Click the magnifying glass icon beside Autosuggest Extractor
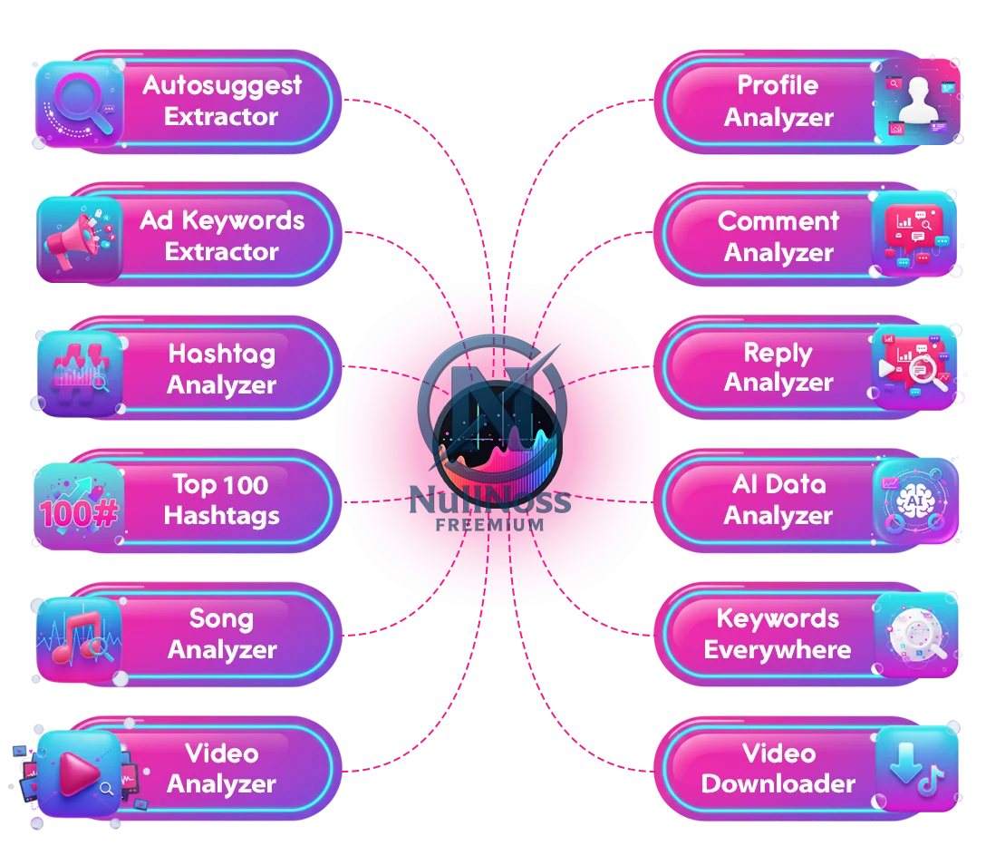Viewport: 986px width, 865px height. click(x=77, y=102)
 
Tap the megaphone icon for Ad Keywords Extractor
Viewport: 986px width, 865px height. click(x=79, y=238)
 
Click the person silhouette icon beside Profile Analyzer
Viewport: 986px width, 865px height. click(x=917, y=102)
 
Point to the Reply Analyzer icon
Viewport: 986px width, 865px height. click(x=914, y=366)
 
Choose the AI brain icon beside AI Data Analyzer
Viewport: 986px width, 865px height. click(x=914, y=501)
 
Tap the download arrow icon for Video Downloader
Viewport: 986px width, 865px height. click(x=917, y=769)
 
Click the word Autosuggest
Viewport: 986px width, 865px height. click(x=222, y=85)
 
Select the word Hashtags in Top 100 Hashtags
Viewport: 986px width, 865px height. click(x=222, y=516)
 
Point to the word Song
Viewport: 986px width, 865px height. click(x=221, y=619)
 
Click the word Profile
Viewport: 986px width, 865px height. click(x=778, y=85)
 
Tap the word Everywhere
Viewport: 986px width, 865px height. click(x=778, y=650)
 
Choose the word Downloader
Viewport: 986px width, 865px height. click(x=778, y=784)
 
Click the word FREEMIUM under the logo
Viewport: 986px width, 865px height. click(x=489, y=524)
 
